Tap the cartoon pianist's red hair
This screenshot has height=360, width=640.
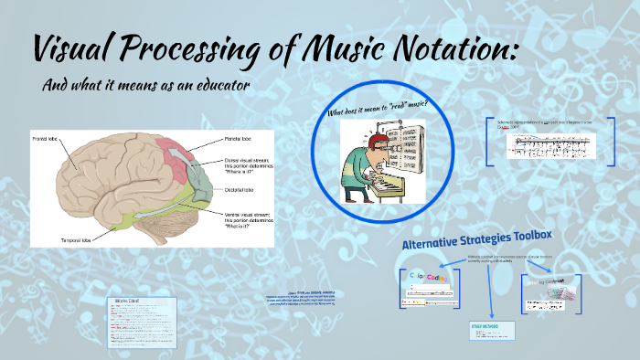358,136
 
